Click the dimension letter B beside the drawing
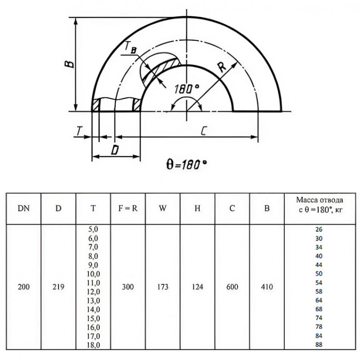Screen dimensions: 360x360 69,61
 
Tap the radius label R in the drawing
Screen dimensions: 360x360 222,68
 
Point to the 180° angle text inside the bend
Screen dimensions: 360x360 186,89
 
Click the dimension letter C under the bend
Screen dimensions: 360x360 204,131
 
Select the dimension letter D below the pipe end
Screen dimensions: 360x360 115,150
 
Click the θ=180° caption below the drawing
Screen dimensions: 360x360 186,164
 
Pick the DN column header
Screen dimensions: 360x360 24,208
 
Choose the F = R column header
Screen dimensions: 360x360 128,208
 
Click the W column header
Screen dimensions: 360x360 163,208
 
